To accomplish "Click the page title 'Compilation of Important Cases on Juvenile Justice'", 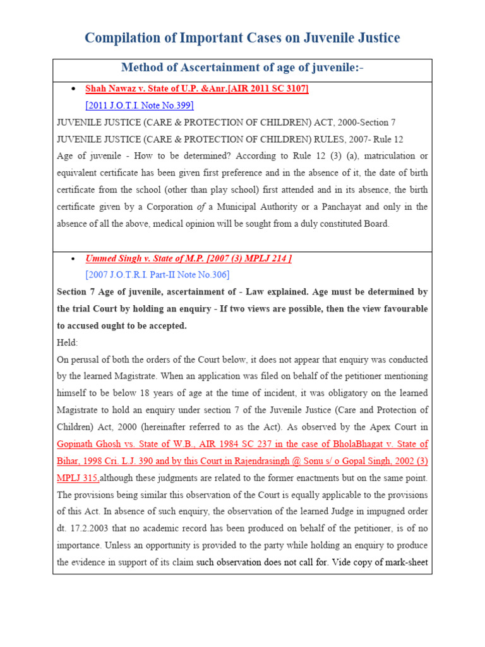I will [x=242, y=38].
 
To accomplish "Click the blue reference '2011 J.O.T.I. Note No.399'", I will [x=140, y=105].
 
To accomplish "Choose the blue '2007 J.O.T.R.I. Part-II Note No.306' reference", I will [x=157, y=275].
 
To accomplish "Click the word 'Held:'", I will [x=68, y=342].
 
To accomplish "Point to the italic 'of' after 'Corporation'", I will [x=201, y=207].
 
